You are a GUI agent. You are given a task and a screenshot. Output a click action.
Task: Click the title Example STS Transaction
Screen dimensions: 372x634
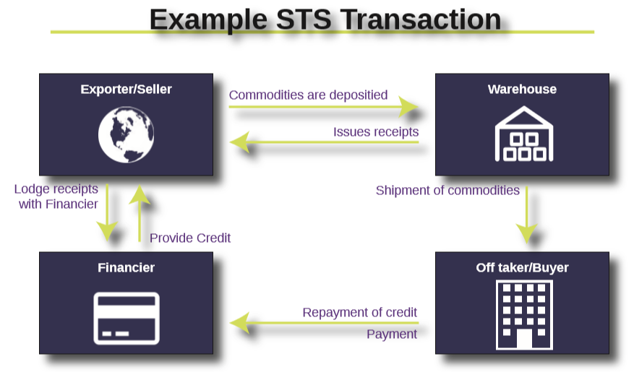pos(325,20)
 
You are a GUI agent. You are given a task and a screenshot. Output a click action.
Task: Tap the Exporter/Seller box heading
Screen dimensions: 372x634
pos(126,90)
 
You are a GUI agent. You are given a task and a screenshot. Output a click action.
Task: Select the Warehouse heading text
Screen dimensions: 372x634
pos(522,90)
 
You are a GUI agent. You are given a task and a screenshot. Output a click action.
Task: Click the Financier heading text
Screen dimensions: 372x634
pos(126,268)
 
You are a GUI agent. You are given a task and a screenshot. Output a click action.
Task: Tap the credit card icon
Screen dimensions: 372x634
pos(127,318)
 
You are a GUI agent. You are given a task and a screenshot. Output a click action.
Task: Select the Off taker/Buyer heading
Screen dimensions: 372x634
pos(522,268)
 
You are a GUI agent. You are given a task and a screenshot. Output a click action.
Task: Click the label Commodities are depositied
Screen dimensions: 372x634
pos(308,95)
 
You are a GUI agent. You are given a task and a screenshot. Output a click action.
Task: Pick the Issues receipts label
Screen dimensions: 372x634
pos(375,132)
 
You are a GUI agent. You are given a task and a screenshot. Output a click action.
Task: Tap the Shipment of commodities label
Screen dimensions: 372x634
pos(447,191)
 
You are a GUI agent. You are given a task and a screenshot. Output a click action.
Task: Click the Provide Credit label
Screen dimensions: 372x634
pos(190,238)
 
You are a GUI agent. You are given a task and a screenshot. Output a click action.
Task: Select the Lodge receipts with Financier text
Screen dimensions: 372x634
pos(56,196)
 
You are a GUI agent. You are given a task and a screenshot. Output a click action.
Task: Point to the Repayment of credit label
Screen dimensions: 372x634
pos(359,313)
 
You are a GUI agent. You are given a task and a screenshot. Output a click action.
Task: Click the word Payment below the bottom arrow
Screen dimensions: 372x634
pos(392,334)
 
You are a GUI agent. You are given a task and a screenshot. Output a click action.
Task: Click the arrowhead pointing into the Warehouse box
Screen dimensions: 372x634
pos(410,108)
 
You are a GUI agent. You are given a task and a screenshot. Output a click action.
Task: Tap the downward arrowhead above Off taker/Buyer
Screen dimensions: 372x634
pos(526,233)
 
